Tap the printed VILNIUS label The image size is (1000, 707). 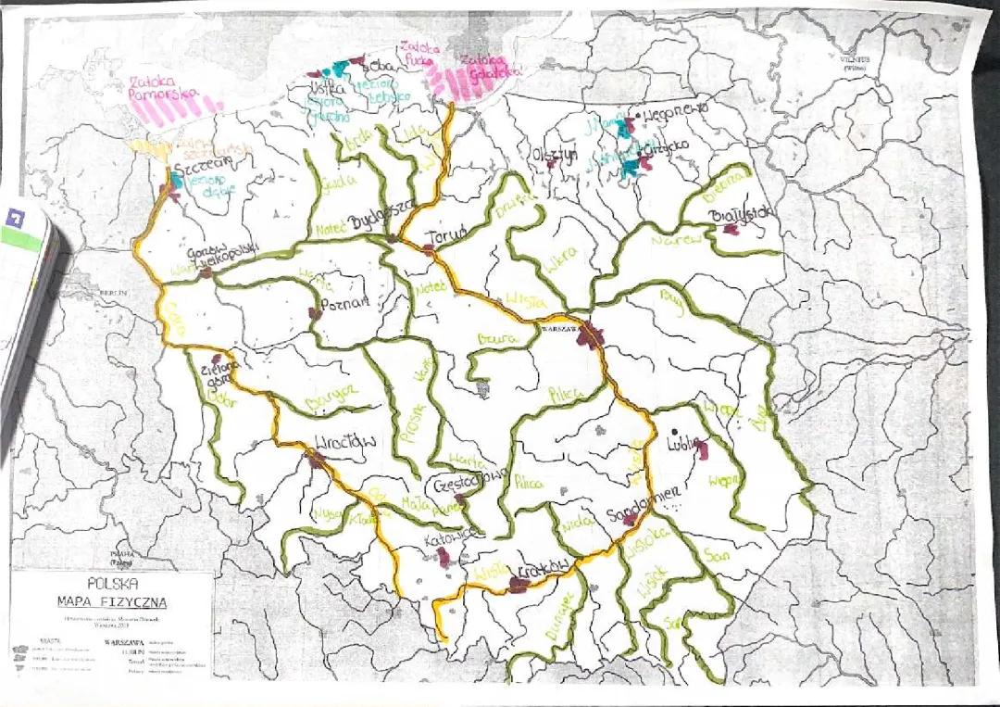856,57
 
